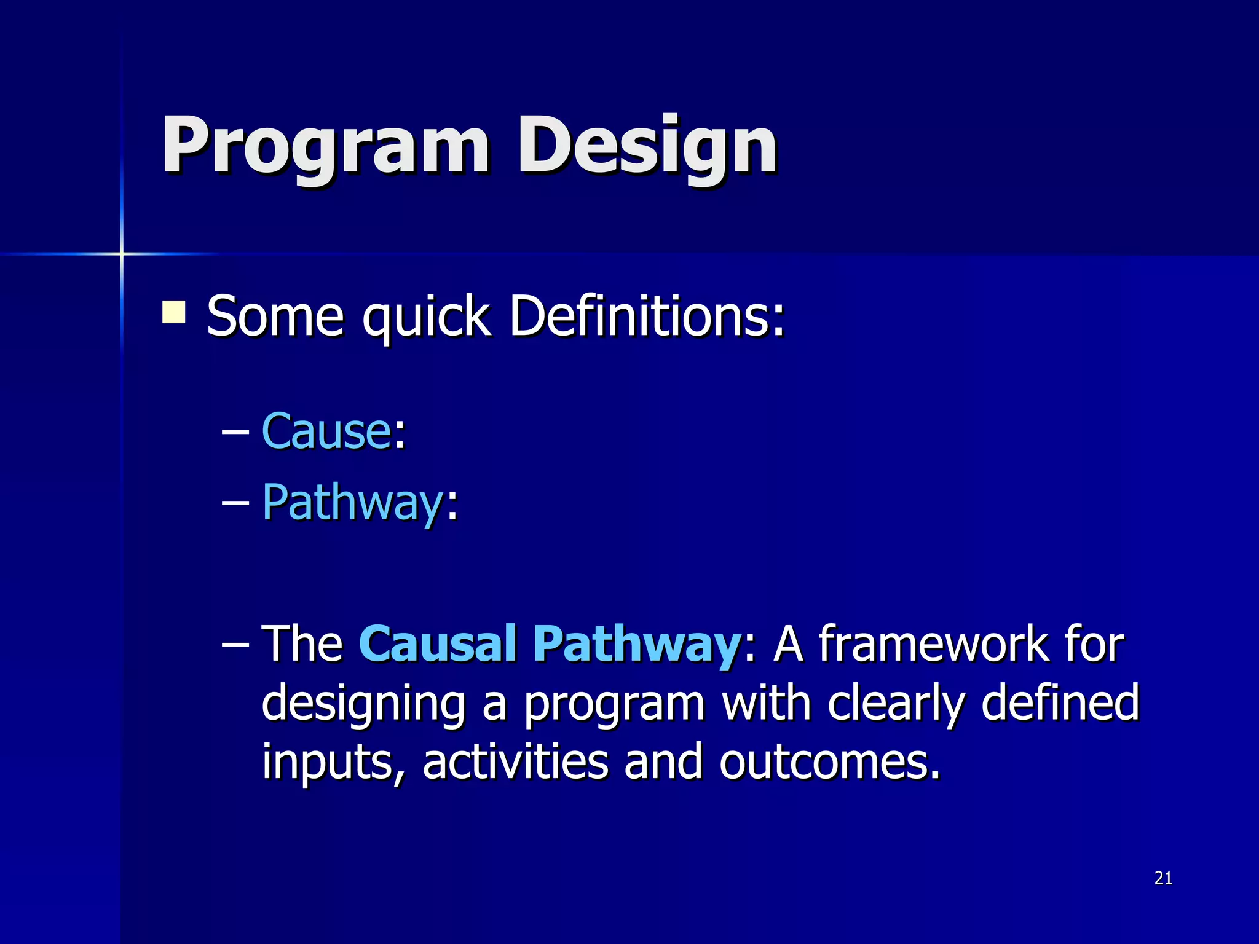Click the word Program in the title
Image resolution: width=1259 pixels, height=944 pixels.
[326, 147]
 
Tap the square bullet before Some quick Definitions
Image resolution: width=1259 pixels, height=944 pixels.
[174, 312]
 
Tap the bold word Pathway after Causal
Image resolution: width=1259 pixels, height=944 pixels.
[637, 644]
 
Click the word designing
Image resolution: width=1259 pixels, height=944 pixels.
[363, 704]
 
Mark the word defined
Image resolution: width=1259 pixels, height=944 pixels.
[1060, 703]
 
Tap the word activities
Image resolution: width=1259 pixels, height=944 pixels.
[515, 761]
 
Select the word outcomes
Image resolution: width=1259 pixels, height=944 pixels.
[830, 763]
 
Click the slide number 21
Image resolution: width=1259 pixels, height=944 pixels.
[1163, 878]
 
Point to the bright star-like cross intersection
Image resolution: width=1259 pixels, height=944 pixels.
[122, 253]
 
